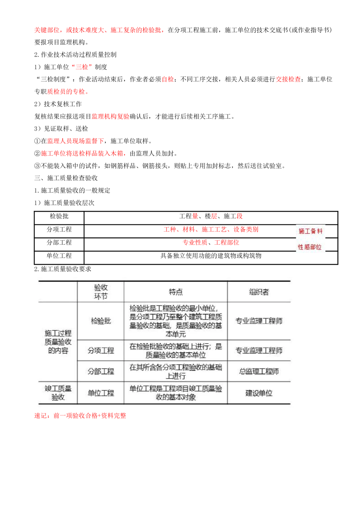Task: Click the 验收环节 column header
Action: (x=101, y=292)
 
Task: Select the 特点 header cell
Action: (x=176, y=292)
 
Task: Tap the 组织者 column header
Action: (x=259, y=292)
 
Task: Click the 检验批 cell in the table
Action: (x=101, y=321)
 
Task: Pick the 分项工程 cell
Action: (x=101, y=350)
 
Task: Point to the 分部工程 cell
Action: (x=101, y=371)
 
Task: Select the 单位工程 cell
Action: (x=101, y=393)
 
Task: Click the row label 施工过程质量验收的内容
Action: (x=58, y=342)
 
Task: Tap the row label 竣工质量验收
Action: (x=58, y=393)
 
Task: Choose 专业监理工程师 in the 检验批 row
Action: (x=259, y=321)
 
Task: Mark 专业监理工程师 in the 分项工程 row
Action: (x=259, y=350)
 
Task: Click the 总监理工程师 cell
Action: (x=259, y=371)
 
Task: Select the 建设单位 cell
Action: (x=259, y=393)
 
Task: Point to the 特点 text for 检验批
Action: (x=176, y=321)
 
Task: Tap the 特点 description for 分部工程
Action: (x=176, y=371)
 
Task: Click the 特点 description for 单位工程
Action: (x=176, y=393)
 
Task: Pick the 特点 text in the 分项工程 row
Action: (x=176, y=350)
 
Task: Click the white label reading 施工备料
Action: (x=310, y=231)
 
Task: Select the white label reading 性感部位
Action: (x=310, y=247)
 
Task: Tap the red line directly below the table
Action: (x=80, y=416)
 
